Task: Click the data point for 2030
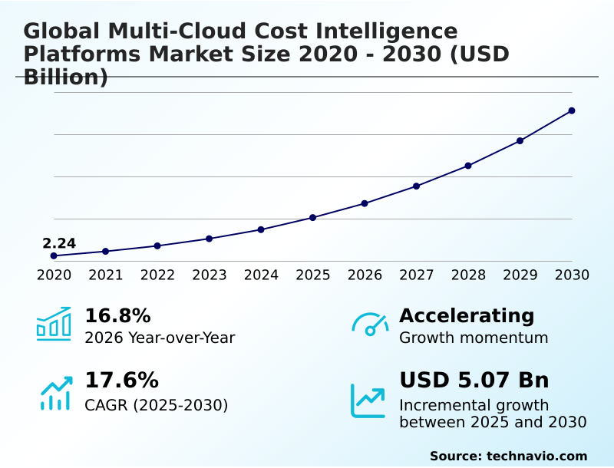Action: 572,110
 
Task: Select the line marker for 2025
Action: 312,218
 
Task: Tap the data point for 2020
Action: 54,255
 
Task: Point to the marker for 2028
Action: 468,166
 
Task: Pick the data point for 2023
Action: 209,239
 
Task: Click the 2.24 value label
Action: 59,244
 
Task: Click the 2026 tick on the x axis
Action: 365,275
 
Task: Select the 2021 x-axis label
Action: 106,275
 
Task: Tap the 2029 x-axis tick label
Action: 520,275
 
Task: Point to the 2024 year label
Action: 261,275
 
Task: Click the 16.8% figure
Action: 117,315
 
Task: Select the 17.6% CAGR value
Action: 121,380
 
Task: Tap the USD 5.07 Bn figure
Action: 474,380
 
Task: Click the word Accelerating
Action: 467,315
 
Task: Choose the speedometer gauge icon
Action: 370,325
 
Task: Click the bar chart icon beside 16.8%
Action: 54,324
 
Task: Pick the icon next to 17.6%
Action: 55,393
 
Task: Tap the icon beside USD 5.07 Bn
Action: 368,400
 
